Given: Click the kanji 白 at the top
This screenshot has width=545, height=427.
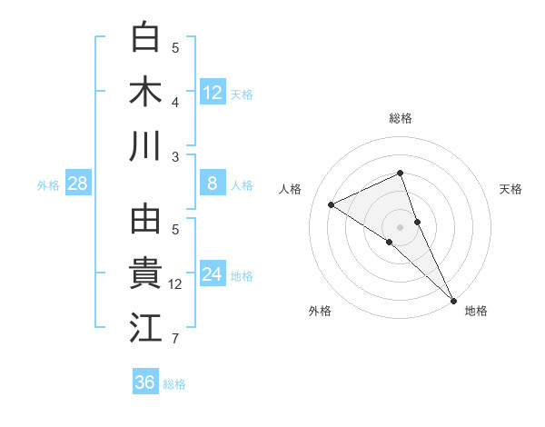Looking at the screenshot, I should click(x=145, y=38).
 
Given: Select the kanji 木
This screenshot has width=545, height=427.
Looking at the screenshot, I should click(x=145, y=92).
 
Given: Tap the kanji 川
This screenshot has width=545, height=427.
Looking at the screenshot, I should click(x=145, y=146).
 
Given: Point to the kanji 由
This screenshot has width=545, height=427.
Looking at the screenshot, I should click(x=145, y=221).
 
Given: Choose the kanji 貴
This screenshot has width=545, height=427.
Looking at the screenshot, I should click(x=145, y=274).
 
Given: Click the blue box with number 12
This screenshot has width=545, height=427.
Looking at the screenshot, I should click(x=213, y=93).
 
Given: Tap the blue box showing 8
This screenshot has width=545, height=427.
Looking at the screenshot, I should click(x=213, y=184).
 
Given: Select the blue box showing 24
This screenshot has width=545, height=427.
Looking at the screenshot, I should click(x=213, y=275).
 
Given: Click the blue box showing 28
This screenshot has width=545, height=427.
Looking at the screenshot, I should click(x=78, y=184).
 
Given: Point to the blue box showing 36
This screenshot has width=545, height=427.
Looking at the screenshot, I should click(x=145, y=382).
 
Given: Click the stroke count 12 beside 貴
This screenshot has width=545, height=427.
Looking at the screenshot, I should click(x=176, y=285).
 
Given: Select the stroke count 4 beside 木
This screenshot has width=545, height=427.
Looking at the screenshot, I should click(x=176, y=102).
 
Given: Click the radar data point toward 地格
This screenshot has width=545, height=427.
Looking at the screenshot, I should click(x=453, y=299).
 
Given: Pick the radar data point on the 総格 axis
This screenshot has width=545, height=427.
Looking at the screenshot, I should click(x=400, y=174).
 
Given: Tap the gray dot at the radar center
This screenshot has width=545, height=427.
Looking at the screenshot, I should click(x=400, y=225).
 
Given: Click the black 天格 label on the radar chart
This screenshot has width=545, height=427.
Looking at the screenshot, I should click(x=510, y=189).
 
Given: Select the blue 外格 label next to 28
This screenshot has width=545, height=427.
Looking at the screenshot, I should click(x=48, y=185).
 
